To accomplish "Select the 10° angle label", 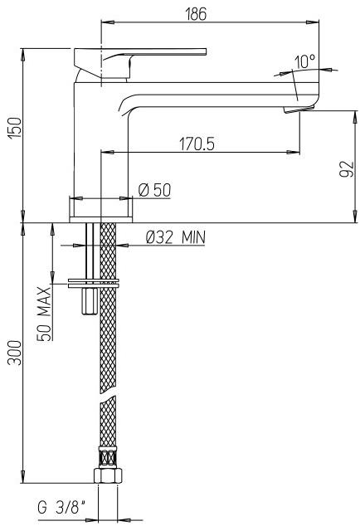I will [x=304, y=61].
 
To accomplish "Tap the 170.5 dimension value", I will [x=196, y=144].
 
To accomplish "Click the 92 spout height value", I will [x=348, y=169].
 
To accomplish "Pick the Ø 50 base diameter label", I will [x=154, y=190].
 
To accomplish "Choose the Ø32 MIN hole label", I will [x=175, y=237].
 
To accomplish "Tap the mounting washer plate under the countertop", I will [x=91, y=285].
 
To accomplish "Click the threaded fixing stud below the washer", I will [x=89, y=302].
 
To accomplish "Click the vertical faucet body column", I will [x=100, y=149].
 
